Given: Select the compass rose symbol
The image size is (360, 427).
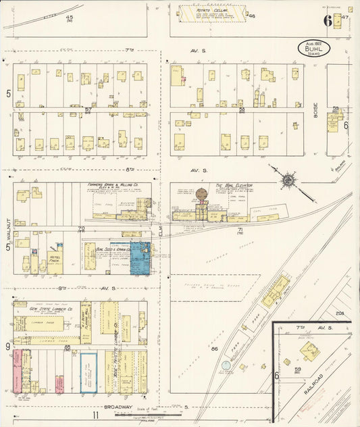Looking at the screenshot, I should [288, 180].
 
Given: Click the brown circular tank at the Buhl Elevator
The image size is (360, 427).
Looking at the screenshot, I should [201, 195].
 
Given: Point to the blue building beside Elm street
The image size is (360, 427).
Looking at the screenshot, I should [141, 258].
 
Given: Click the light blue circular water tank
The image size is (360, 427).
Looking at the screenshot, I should [225, 366].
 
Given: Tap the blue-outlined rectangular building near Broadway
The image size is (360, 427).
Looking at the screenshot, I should [88, 372].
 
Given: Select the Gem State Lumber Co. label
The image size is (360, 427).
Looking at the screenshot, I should [47, 308].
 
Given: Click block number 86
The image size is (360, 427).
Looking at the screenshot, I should [215, 349].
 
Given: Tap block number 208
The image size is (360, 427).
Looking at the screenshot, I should [340, 313].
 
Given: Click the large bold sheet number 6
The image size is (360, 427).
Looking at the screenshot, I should [328, 21].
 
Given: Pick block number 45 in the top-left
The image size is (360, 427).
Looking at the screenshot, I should [70, 16].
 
